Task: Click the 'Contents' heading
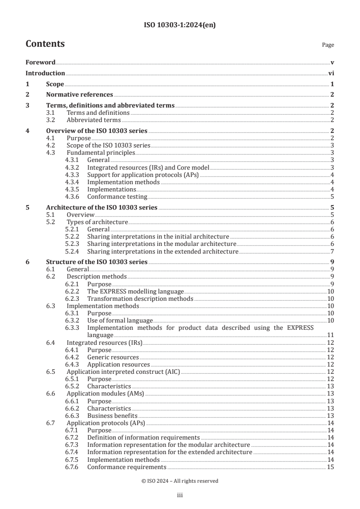[45, 44]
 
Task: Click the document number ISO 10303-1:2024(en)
[180, 25]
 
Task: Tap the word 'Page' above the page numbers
[328, 45]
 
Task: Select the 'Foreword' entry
[40, 62]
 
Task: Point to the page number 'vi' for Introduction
[331, 73]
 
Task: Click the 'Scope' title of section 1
[55, 84]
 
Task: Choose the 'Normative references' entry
[79, 95]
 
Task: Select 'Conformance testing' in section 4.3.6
[117, 196]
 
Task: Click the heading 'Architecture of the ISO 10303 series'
[102, 207]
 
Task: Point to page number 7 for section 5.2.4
[332, 251]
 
